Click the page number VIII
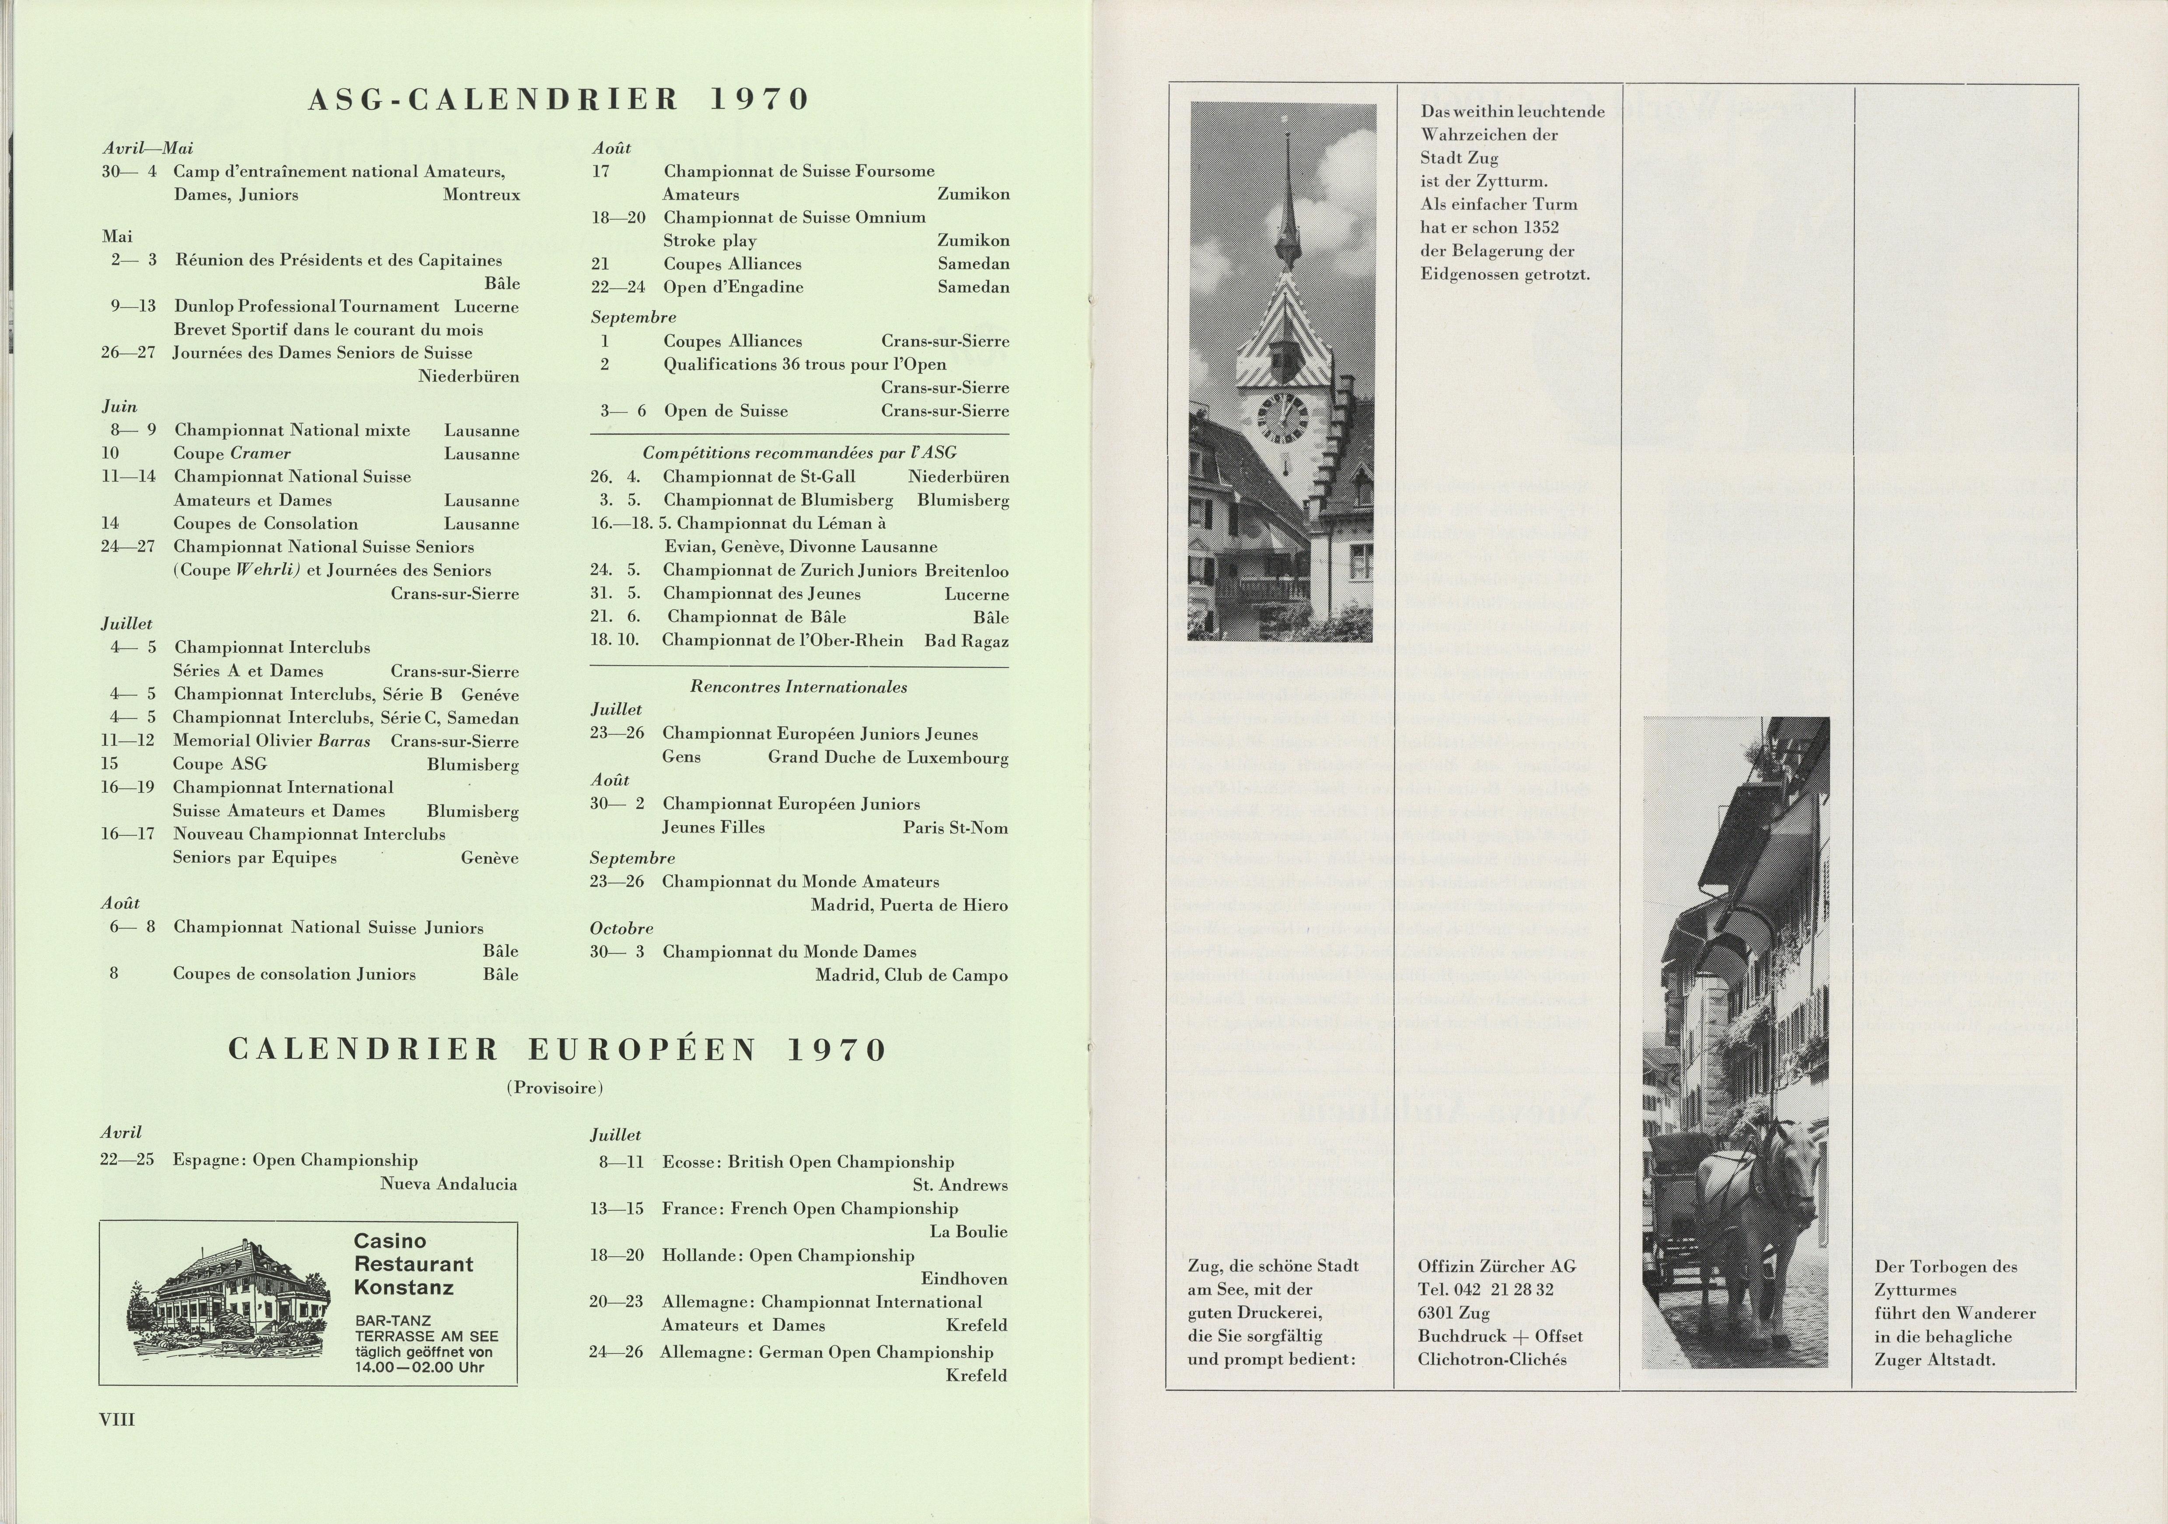[117, 1419]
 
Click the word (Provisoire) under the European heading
[554, 1088]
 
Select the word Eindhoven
[963, 1280]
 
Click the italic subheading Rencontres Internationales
[798, 687]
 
